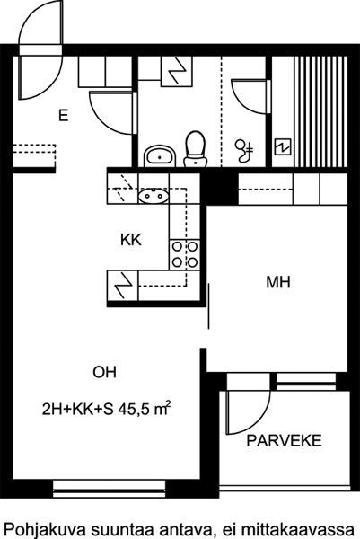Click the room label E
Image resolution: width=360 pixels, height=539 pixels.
[63, 115]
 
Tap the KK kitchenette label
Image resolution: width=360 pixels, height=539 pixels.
[131, 240]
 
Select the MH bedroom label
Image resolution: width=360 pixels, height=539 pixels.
[278, 282]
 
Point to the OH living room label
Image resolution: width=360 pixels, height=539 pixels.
[104, 372]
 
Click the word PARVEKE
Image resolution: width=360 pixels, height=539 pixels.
[284, 440]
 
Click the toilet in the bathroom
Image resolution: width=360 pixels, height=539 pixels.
[196, 149]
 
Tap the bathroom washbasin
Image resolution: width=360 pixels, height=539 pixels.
[160, 156]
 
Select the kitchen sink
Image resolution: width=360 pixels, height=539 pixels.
[154, 196]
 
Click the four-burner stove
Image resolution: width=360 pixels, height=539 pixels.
[184, 255]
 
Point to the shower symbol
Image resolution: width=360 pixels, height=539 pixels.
[244, 151]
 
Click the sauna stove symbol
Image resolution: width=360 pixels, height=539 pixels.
[283, 147]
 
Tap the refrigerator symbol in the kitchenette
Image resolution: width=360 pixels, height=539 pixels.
[123, 286]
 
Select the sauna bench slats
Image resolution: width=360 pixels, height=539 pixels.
[320, 112]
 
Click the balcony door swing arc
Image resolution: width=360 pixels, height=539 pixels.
[262, 420]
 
